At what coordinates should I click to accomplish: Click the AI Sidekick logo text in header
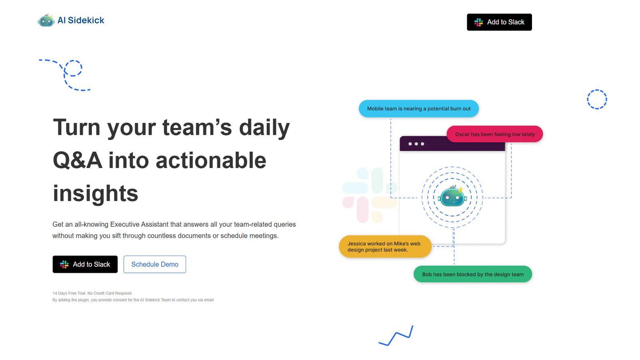coord(80,20)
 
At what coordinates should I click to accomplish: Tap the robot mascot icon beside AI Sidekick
coord(46,20)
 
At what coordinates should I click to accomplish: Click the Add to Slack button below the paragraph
coord(85,264)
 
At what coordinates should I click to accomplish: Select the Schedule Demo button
coord(155,264)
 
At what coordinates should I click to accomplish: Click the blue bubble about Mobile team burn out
coord(418,109)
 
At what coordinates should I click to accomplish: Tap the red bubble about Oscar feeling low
coord(494,134)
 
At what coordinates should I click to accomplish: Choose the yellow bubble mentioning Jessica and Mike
coord(385,246)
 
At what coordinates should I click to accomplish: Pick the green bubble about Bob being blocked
coord(472,274)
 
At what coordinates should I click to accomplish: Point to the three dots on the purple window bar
coord(416,144)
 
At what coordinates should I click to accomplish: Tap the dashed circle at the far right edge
coord(597,99)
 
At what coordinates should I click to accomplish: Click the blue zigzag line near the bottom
coord(396,336)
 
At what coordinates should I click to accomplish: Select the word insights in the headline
coord(95,194)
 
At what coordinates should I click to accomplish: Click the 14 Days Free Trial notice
coord(92,293)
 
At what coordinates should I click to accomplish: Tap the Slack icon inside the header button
coord(478,22)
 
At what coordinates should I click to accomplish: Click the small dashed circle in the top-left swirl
coord(73,68)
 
